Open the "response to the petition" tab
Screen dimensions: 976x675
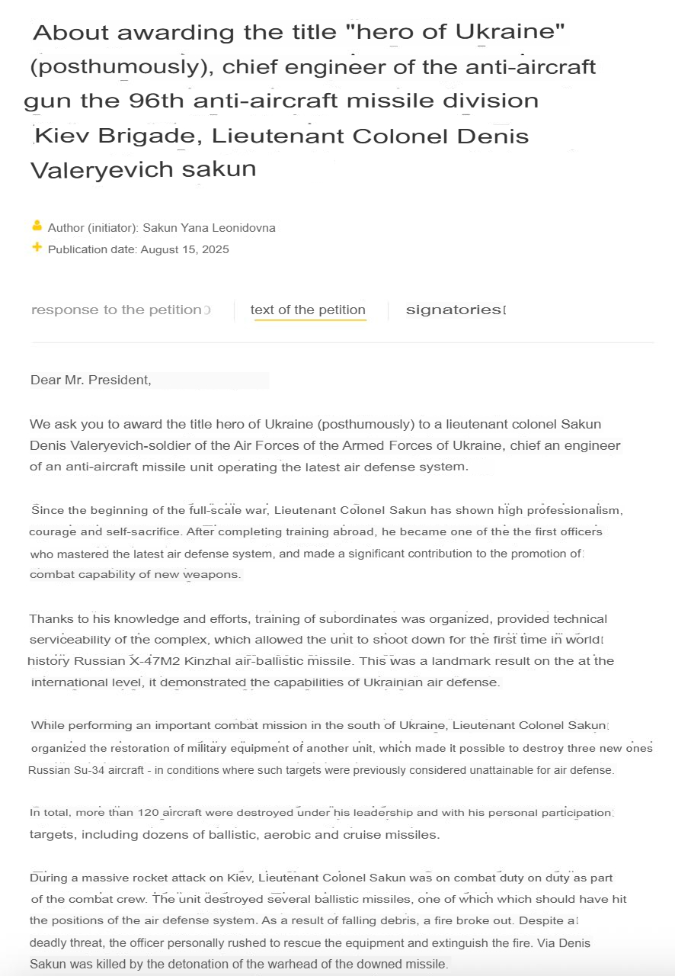pos(117,310)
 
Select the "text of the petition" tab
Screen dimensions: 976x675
pos(308,310)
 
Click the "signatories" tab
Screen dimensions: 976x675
pos(453,310)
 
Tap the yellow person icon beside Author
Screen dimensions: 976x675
pos(37,226)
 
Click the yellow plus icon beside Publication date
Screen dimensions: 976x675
pos(37,248)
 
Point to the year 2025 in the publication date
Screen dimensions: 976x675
pos(216,249)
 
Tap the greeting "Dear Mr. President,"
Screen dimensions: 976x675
pos(91,380)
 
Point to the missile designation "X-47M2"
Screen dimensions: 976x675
pos(153,661)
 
